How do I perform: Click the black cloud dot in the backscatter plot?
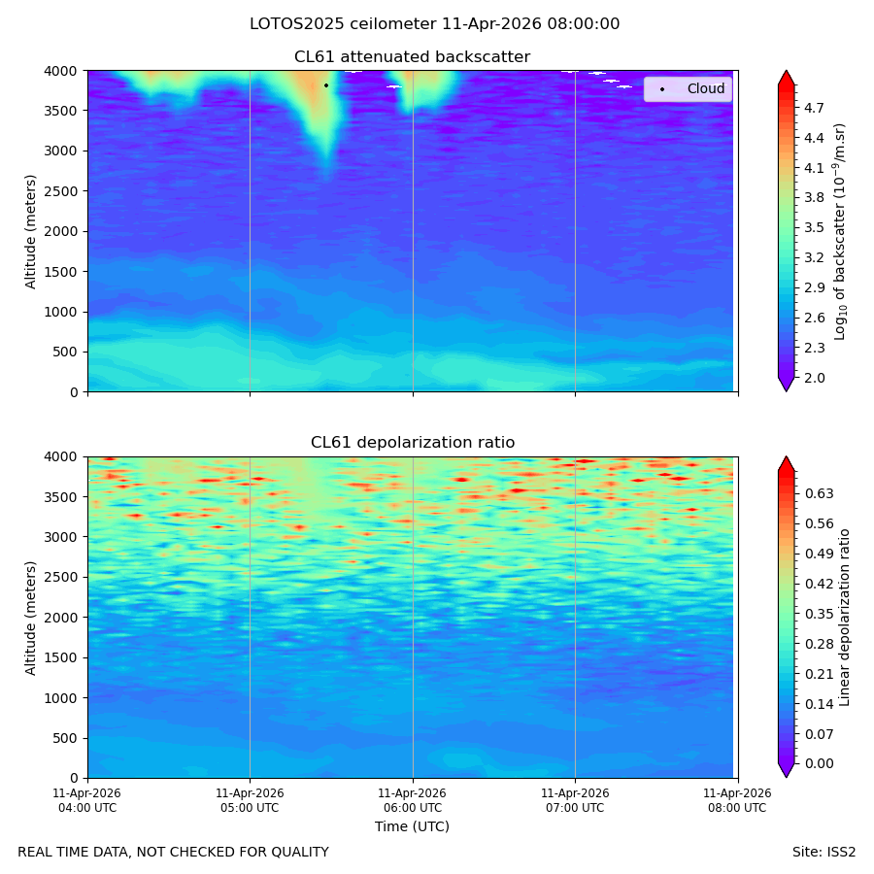coord(326,85)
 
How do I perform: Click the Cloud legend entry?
coord(688,88)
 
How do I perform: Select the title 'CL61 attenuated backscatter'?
coord(412,57)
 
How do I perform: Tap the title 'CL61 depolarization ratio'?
coord(413,442)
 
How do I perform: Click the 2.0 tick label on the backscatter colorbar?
coord(814,378)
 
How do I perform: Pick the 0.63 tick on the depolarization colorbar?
coord(820,493)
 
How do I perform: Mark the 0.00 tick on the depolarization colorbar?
coord(820,763)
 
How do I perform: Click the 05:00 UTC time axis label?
coord(250,800)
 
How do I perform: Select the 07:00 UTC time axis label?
coord(575,800)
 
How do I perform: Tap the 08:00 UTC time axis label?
coord(737,800)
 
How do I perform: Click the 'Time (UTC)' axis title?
coord(412,826)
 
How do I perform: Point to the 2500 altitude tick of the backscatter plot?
coord(61,191)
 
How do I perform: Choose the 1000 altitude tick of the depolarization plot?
coord(61,698)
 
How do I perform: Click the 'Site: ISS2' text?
coord(824,852)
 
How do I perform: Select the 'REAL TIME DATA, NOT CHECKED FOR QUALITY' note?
coord(174,852)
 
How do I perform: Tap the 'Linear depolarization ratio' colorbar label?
coord(844,618)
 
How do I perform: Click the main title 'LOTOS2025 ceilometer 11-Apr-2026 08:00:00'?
coord(435,24)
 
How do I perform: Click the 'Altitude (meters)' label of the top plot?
coord(30,231)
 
